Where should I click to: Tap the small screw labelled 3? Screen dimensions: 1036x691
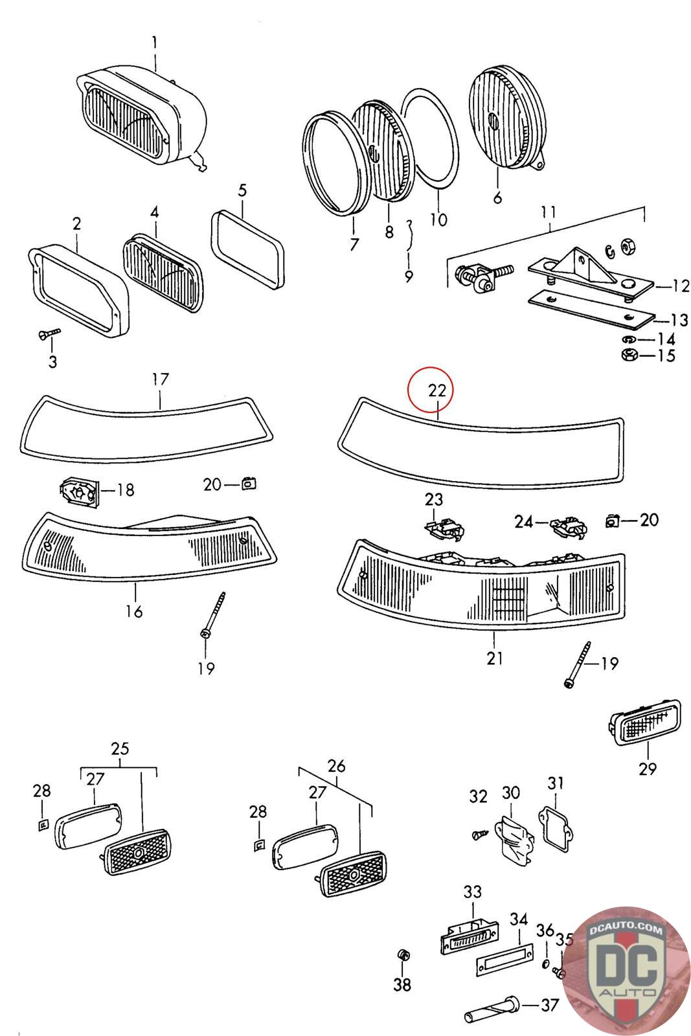click(48, 333)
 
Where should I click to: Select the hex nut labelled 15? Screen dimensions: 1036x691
click(627, 355)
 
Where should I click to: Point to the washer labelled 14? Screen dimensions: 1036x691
click(628, 339)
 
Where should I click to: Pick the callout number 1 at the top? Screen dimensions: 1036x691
click(155, 43)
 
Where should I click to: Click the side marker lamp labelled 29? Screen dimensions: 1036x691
click(644, 728)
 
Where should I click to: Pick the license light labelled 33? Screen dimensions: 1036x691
click(468, 936)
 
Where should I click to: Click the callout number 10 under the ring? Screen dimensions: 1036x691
click(438, 220)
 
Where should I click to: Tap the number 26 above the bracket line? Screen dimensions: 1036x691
click(336, 766)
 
